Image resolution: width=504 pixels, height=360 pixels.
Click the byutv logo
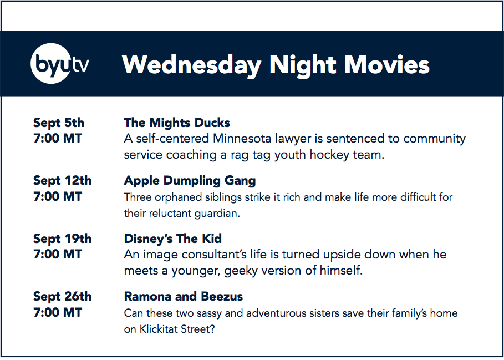(x=60, y=64)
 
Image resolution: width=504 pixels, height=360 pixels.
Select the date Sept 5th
(x=59, y=123)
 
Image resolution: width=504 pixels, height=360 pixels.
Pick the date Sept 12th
(x=62, y=181)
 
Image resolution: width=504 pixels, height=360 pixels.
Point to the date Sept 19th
(x=62, y=239)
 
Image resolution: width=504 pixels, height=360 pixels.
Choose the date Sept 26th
(x=62, y=296)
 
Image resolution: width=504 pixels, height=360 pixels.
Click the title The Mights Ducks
(x=177, y=123)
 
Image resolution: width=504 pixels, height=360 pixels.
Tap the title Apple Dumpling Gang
(x=190, y=181)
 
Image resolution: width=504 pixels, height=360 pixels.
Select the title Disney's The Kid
(x=173, y=239)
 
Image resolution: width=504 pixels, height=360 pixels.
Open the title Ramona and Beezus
(x=184, y=296)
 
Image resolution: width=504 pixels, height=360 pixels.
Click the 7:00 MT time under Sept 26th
(x=58, y=312)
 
